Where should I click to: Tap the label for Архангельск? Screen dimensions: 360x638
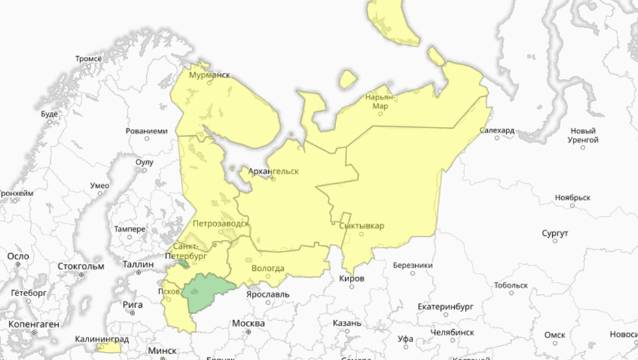(x=274, y=171)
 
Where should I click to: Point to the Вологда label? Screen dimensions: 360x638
(x=268, y=268)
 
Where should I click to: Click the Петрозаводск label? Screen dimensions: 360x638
(x=221, y=224)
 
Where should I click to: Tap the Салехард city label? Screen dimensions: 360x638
(x=497, y=130)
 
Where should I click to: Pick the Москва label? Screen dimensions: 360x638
(x=248, y=323)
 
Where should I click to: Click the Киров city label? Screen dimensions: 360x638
(x=351, y=278)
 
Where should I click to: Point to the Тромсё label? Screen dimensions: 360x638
(x=88, y=60)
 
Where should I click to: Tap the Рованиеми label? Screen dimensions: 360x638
(x=147, y=130)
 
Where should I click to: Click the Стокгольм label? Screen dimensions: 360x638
(x=81, y=266)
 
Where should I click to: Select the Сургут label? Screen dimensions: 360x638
(x=555, y=234)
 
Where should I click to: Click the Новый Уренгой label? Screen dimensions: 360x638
(x=584, y=135)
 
